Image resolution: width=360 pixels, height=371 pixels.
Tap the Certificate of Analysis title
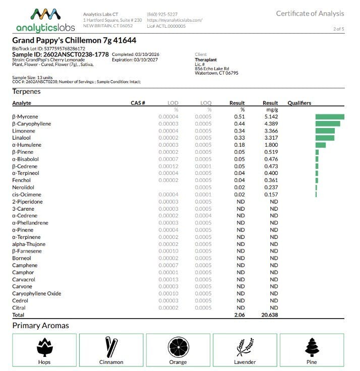(x=310, y=14)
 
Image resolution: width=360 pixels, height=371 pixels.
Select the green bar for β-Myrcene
(x=330, y=117)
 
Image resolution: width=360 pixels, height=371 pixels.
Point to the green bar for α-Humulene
(x=321, y=145)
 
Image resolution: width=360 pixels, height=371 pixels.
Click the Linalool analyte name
(x=21, y=138)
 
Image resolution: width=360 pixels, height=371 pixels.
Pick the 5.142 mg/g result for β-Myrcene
(x=270, y=117)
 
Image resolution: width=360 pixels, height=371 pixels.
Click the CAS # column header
(x=138, y=103)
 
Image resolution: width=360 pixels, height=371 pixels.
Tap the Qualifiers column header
(x=299, y=103)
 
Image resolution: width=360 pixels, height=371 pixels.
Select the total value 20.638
(x=269, y=315)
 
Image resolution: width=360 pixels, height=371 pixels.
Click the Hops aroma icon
(x=44, y=347)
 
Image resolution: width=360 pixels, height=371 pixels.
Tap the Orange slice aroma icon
(x=178, y=347)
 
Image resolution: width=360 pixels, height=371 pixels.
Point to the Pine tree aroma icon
(x=312, y=347)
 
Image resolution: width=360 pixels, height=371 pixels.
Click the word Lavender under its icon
(x=245, y=362)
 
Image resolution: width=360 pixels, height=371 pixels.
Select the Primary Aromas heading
(x=40, y=326)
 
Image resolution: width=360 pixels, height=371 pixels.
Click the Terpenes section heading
(x=26, y=91)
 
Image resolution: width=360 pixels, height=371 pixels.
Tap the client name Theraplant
(x=206, y=59)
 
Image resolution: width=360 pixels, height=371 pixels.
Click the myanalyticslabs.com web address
(x=174, y=20)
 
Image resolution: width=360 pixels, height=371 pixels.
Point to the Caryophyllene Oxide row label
(x=36, y=293)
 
